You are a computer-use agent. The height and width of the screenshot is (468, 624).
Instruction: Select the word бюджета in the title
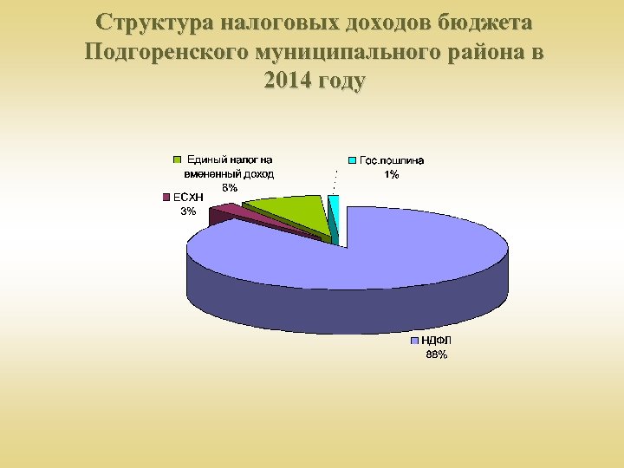(487, 22)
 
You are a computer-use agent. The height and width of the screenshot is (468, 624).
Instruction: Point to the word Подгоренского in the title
(165, 52)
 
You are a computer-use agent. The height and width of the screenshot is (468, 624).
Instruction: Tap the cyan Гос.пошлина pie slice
(334, 206)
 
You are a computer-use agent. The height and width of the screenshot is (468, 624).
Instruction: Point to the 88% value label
(436, 354)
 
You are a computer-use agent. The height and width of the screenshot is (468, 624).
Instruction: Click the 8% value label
(229, 187)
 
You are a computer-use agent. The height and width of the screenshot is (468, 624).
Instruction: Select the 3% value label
(187, 211)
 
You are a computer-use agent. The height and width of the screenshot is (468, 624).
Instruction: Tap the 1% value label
(392, 174)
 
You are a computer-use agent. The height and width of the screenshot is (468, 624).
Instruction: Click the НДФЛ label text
(437, 341)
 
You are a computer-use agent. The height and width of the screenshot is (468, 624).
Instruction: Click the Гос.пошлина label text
(392, 161)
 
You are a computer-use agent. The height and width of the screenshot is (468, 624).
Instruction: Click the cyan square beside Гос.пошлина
(353, 161)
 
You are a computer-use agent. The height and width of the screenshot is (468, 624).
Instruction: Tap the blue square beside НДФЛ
(415, 341)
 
